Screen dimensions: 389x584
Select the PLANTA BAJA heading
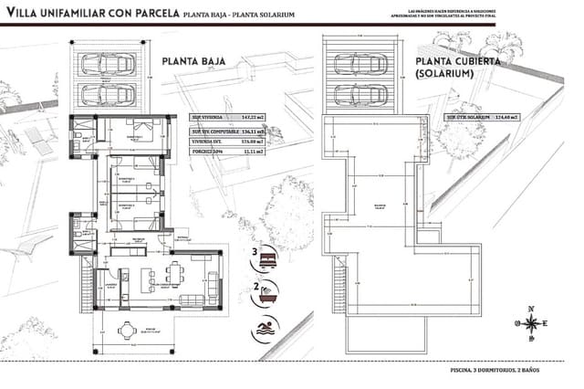click(x=194, y=62)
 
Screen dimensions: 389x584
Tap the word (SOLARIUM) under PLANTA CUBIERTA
click(x=442, y=73)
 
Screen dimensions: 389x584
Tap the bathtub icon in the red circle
click(x=270, y=295)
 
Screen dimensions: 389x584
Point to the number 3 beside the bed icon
click(x=255, y=251)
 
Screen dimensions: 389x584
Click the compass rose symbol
click(x=530, y=322)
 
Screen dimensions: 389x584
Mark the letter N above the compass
click(x=530, y=308)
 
